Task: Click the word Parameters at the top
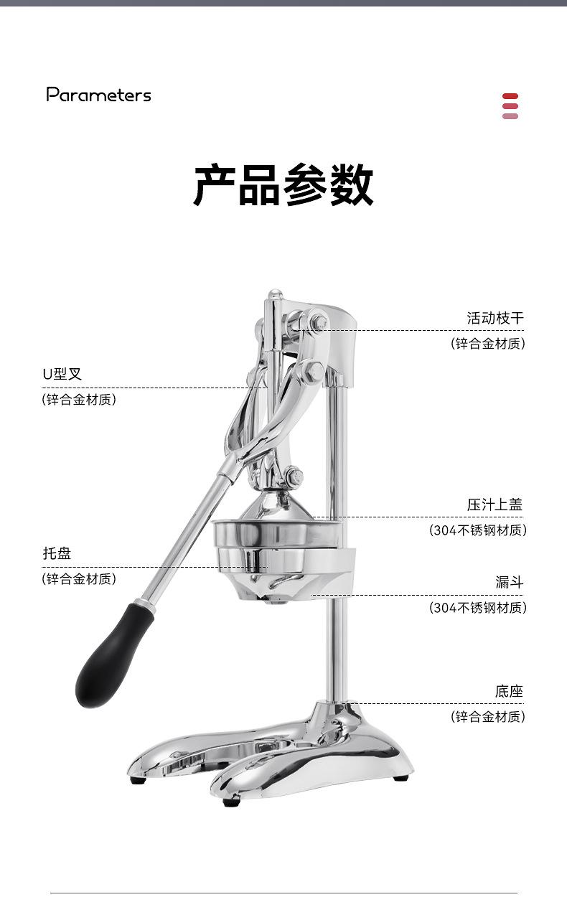99,95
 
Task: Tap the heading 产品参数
283,185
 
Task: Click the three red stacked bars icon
510,105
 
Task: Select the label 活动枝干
495,318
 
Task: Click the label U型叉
62,374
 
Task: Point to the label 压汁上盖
495,504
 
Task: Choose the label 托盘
57,553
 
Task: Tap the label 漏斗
509,582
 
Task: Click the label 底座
509,692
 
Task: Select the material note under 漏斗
478,608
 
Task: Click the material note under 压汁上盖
478,530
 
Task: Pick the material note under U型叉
79,400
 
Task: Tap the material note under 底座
488,717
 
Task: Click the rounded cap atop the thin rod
274,296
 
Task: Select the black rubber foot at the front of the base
231,801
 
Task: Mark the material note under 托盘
79,579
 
